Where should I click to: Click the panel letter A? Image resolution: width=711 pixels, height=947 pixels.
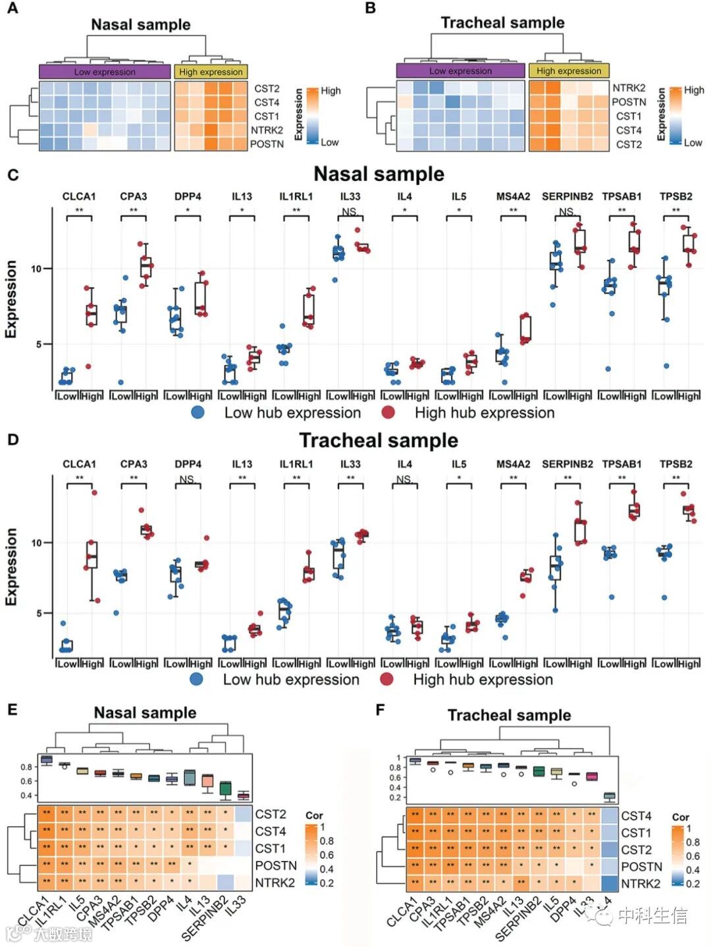pyautogui.click(x=13, y=9)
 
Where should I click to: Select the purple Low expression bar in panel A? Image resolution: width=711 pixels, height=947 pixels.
pyautogui.click(x=105, y=72)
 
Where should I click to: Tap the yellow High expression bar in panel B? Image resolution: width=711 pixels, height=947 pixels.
pyautogui.click(x=569, y=70)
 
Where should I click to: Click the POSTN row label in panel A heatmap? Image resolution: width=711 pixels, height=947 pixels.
pyautogui.click(x=267, y=144)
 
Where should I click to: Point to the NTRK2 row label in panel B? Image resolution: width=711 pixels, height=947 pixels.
pyautogui.click(x=629, y=88)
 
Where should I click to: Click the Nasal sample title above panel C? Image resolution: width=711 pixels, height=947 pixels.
pyautogui.click(x=379, y=174)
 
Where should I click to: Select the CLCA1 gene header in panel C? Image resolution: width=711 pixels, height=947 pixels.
pyautogui.click(x=79, y=196)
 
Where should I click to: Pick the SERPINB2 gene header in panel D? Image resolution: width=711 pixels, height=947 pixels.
pyautogui.click(x=567, y=464)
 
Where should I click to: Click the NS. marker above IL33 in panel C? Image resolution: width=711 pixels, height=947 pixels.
pyautogui.click(x=350, y=212)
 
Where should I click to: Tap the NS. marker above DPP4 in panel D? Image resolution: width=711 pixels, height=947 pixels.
pyautogui.click(x=188, y=479)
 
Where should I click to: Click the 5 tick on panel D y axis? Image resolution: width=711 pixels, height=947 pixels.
pyautogui.click(x=39, y=613)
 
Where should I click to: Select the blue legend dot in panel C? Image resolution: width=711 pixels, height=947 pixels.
pyautogui.click(x=197, y=413)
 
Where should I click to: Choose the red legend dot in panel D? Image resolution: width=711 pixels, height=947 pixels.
pyautogui.click(x=386, y=679)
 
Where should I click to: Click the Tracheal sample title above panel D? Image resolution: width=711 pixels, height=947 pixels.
pyautogui.click(x=379, y=440)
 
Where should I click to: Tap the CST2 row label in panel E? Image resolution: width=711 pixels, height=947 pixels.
pyautogui.click(x=271, y=814)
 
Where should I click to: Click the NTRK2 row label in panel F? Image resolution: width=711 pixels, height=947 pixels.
pyautogui.click(x=641, y=884)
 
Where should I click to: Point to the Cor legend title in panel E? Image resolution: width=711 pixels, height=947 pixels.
pyautogui.click(x=314, y=815)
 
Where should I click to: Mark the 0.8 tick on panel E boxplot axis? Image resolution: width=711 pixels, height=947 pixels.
pyautogui.click(x=26, y=767)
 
